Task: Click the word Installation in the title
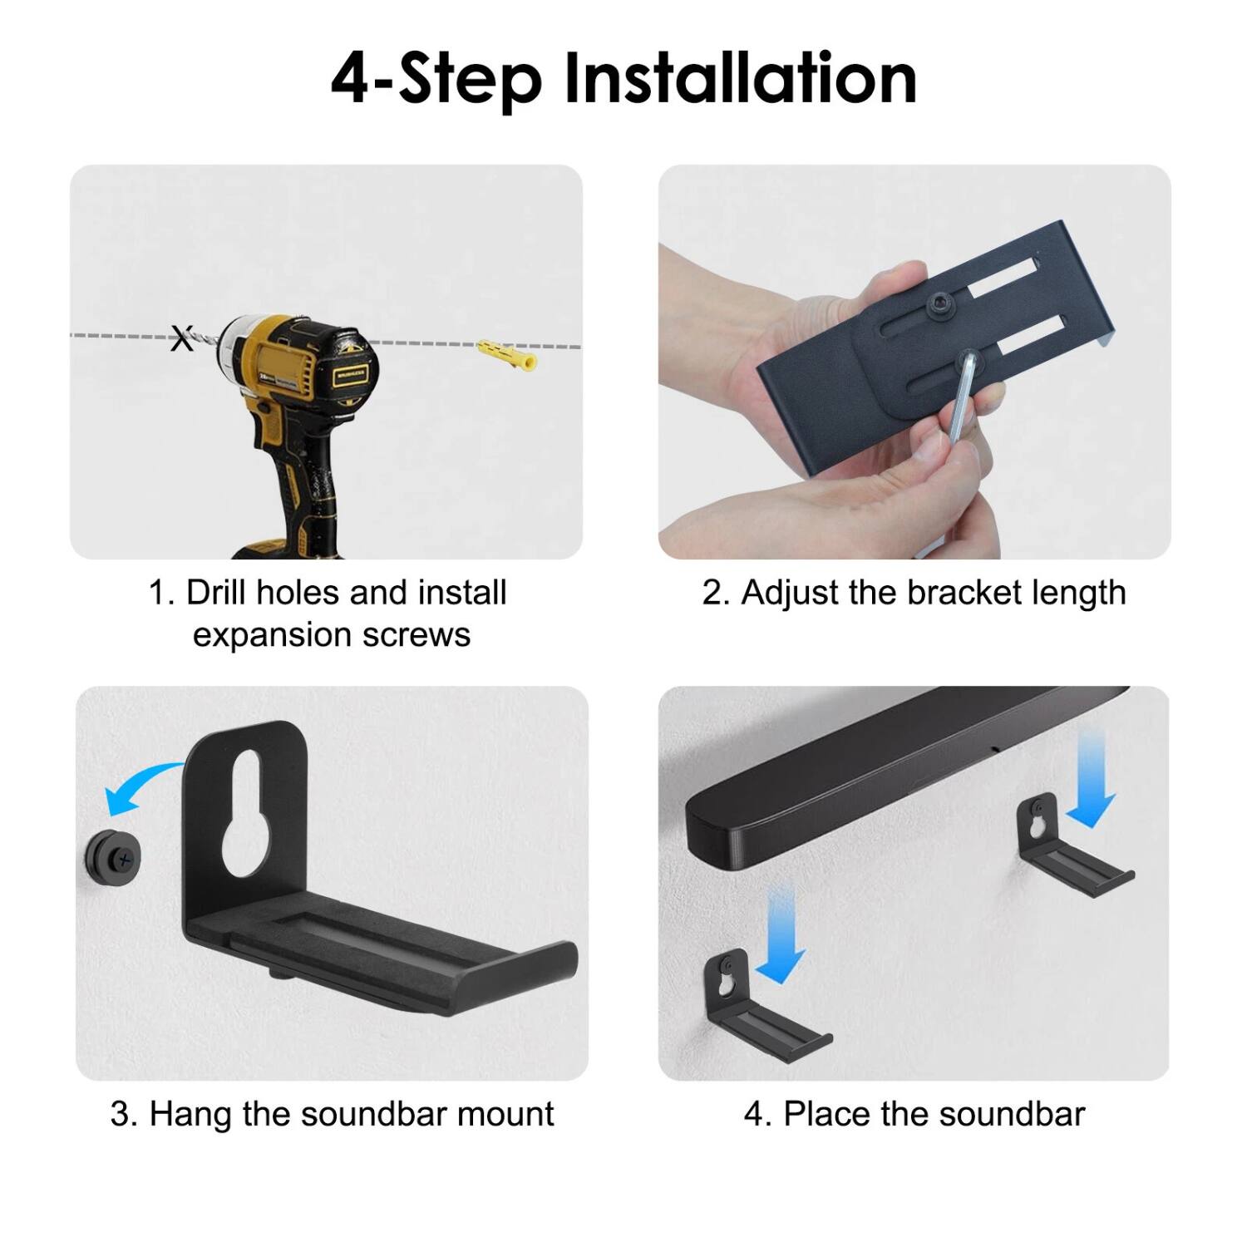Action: tap(741, 79)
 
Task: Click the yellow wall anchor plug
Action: tap(507, 354)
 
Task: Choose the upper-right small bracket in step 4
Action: tap(1072, 852)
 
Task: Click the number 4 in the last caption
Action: tap(752, 1114)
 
